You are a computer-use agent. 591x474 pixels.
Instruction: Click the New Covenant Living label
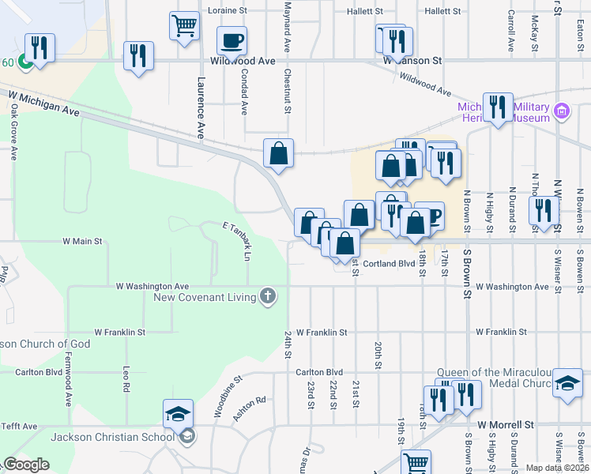(x=204, y=297)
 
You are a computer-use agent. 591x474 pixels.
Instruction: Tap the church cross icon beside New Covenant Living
(x=268, y=297)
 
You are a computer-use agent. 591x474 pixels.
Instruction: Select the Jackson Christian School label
(x=113, y=437)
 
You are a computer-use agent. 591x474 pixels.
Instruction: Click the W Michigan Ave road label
(x=44, y=104)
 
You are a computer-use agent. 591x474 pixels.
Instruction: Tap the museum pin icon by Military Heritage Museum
(x=562, y=111)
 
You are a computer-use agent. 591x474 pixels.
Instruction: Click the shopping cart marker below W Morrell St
(x=416, y=462)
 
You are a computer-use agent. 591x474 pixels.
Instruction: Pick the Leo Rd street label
(x=126, y=379)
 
